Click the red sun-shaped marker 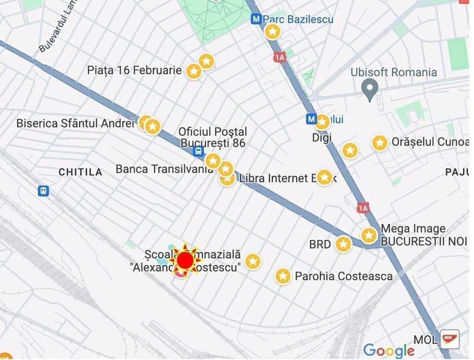coord(185,260)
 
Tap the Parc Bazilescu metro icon coord(255,19)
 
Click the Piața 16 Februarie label coord(134,70)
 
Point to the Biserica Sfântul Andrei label coord(75,123)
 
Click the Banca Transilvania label coord(164,169)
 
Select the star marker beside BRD coord(343,244)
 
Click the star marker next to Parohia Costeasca coord(283,276)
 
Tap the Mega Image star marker coord(369,235)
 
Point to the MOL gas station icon coord(449,338)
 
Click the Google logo coord(389,351)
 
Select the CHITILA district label coord(81,172)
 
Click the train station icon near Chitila coord(43,191)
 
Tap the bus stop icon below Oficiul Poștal coord(198,151)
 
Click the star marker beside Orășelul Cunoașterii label coord(380,143)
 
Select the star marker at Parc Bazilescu coord(273,32)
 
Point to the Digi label coord(322,138)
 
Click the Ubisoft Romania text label coord(393,73)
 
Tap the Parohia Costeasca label coord(343,276)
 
